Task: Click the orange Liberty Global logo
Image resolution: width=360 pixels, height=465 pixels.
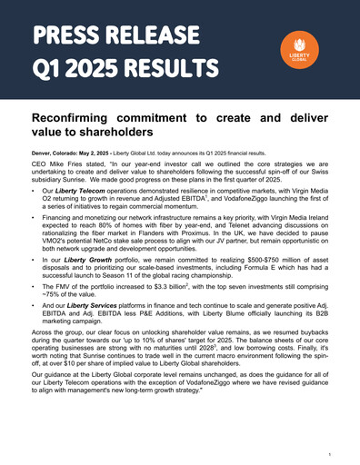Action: [300, 52]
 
